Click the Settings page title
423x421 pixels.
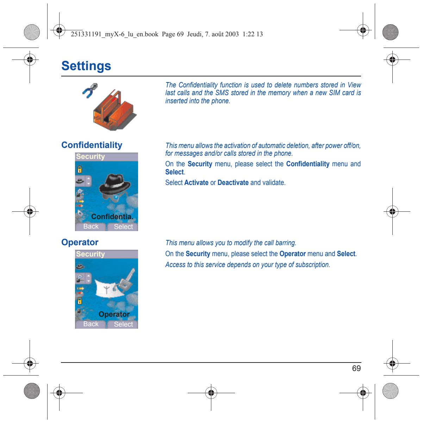coord(86,66)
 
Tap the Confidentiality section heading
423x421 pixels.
coord(92,145)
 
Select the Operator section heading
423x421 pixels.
coord(80,242)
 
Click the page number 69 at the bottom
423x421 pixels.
coord(356,368)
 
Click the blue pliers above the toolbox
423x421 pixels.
coord(90,90)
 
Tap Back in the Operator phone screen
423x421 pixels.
coord(91,324)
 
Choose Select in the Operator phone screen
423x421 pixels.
coord(123,324)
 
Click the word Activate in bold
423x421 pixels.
coord(196,182)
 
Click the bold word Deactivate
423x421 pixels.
coord(233,182)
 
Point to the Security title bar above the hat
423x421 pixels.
coord(106,157)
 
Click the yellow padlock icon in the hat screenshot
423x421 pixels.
coord(80,169)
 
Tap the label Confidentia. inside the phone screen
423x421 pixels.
coord(112,217)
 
